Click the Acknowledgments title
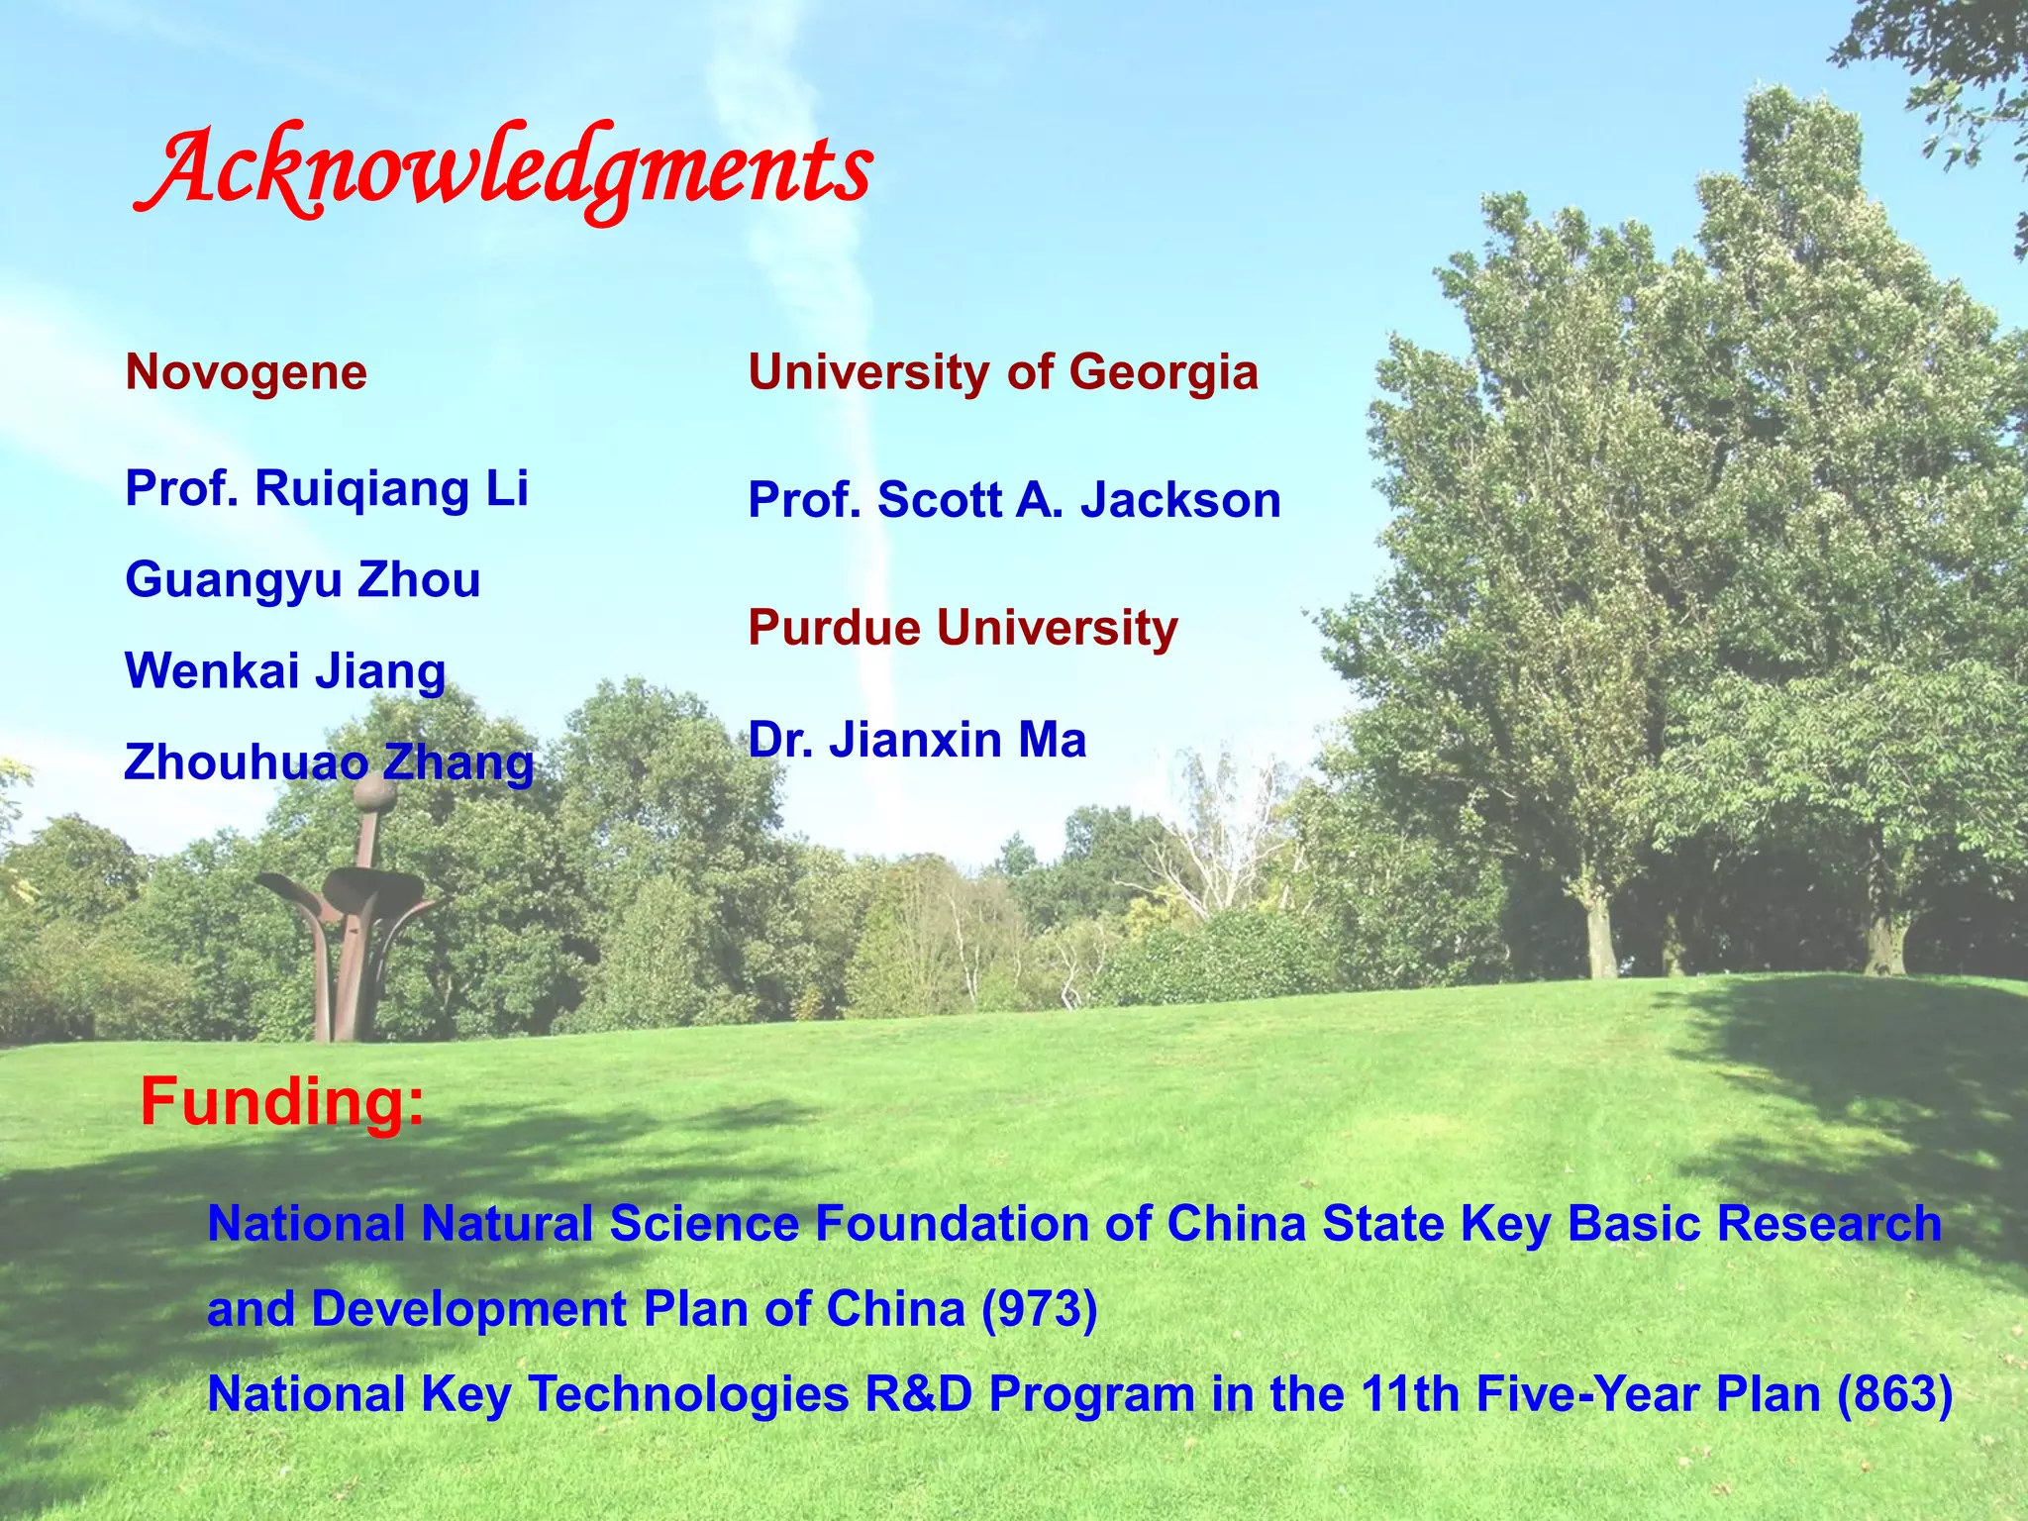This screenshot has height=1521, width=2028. pos(503,170)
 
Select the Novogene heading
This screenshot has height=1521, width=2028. pos(247,373)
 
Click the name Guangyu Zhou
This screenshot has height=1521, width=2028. pos(303,580)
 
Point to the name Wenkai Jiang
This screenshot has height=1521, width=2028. pos(285,671)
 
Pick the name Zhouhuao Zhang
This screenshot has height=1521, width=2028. pos(329,762)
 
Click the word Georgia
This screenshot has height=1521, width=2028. pos(1164,373)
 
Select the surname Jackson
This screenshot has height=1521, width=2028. pos(1180,500)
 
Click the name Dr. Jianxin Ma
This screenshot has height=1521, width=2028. pos(917,740)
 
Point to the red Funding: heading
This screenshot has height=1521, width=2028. pos(282,1101)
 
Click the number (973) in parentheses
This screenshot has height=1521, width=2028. pos(1039,1309)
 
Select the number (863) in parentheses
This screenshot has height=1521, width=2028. pos(1894,1394)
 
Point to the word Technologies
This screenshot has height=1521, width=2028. pos(689,1394)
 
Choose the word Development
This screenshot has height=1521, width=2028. pos(468,1309)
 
